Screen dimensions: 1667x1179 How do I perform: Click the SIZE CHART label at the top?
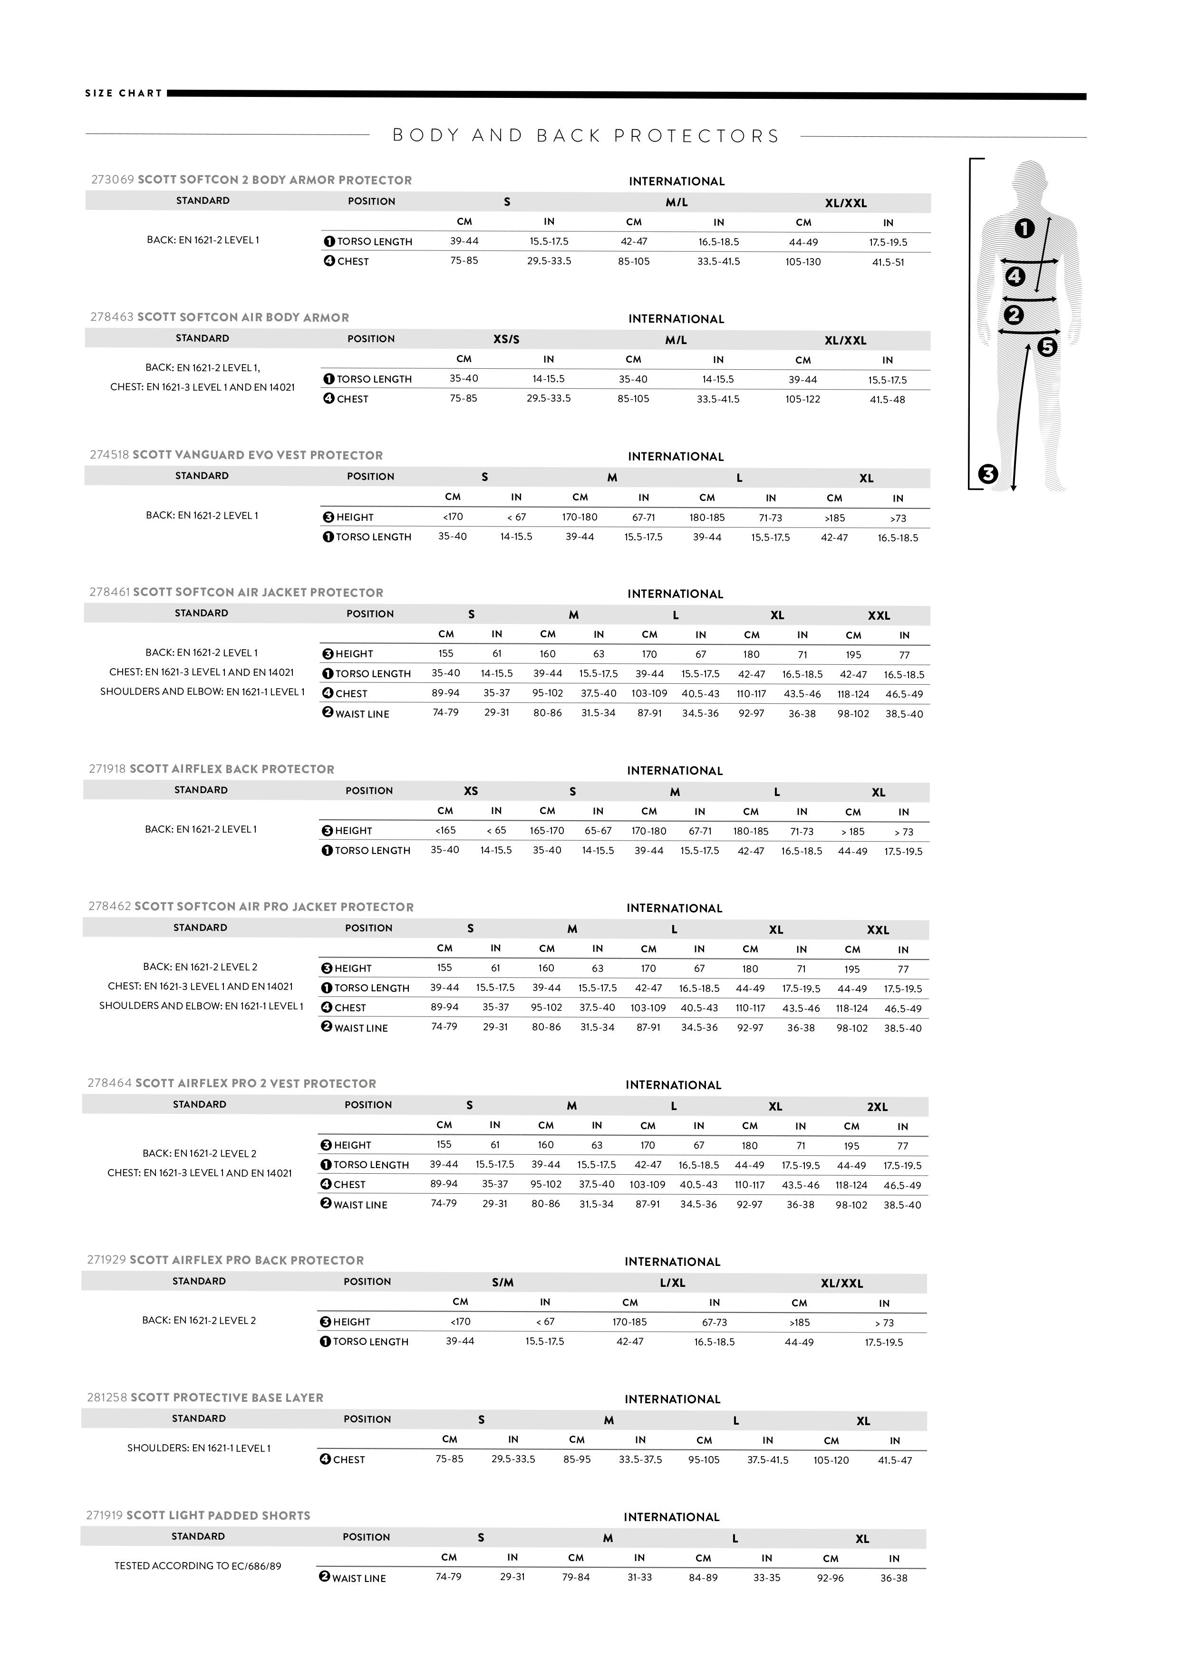124,93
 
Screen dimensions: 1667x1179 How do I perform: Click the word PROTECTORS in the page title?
696,136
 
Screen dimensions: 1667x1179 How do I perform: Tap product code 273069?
113,180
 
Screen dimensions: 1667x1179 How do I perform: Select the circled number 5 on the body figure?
1047,347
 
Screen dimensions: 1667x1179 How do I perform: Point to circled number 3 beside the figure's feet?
988,474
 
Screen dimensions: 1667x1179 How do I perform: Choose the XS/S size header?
506,340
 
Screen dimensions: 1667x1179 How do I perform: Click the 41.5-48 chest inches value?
887,399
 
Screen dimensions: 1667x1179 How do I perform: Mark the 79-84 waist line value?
576,1578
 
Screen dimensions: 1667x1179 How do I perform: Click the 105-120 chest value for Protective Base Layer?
831,1460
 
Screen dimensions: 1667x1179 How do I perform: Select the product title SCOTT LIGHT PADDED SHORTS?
218,1516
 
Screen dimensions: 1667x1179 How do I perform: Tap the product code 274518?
109,455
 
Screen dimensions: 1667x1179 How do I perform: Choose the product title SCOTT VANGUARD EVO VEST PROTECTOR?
257,455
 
